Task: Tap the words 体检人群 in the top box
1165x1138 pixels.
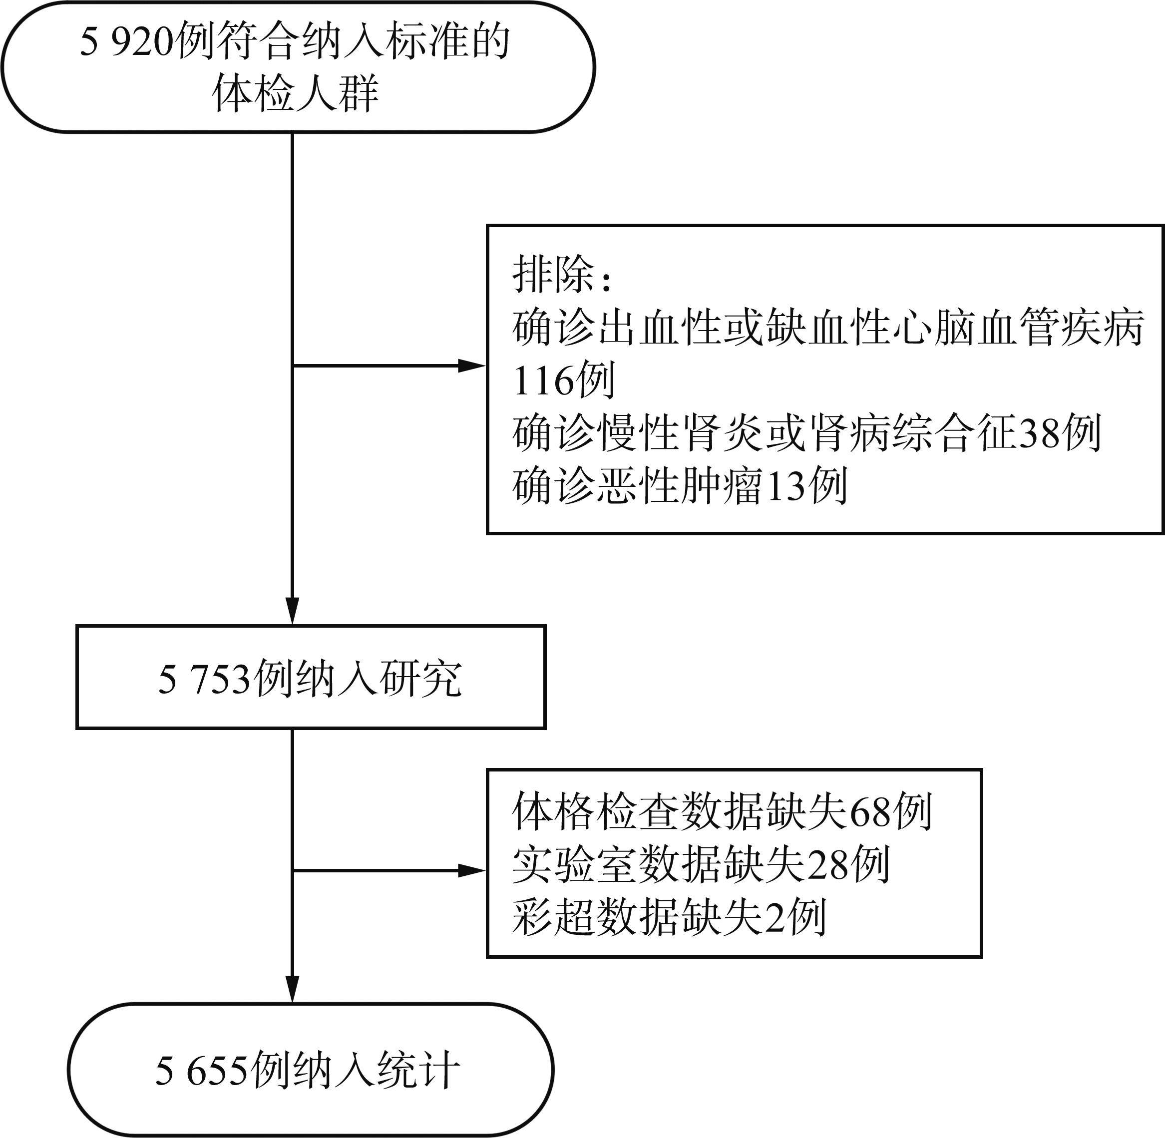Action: tap(296, 94)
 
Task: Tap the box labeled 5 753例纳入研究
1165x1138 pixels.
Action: tap(311, 677)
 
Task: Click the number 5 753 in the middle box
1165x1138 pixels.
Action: tap(203, 680)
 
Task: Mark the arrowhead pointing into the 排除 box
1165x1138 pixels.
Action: tap(472, 366)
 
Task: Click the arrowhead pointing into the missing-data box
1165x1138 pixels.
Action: tap(472, 871)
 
